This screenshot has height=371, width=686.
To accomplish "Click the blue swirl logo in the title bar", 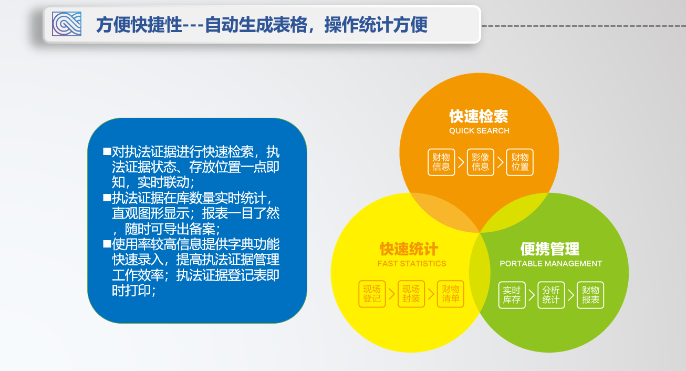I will pos(67,24).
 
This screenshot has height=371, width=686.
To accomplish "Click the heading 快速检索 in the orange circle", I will pos(479,116).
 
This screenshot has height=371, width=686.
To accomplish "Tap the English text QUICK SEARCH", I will pos(479,131).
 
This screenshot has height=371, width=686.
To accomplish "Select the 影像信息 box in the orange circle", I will pos(480,162).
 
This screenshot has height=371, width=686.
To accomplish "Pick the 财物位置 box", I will pos(519,162).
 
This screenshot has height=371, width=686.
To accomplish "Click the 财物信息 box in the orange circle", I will pos(441,162).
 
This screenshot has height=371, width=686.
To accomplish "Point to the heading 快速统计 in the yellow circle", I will pos(409,249).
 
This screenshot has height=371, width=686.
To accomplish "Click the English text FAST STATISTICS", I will pos(411,264).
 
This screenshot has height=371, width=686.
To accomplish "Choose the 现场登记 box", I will pos(372,294).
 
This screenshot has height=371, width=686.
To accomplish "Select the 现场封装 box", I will pos(411,294).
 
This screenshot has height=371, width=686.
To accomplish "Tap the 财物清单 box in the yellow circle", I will pos(451,294).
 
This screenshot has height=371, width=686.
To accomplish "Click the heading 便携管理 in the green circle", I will pos(550,249).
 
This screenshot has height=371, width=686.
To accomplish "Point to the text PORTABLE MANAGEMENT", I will pos(550,264).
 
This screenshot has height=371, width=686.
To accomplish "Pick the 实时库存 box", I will pos(512,295).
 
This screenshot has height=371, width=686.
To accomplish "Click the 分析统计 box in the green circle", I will pos(551,295).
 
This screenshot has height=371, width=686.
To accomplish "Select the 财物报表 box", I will pos(590,295).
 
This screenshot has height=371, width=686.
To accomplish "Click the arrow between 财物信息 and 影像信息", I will pos(461,162).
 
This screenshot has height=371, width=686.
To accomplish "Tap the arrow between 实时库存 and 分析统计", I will pos(532,295).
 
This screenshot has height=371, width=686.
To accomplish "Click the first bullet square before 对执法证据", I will pos(107,152).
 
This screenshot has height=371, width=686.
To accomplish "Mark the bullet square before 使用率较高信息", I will pos(107,244).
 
